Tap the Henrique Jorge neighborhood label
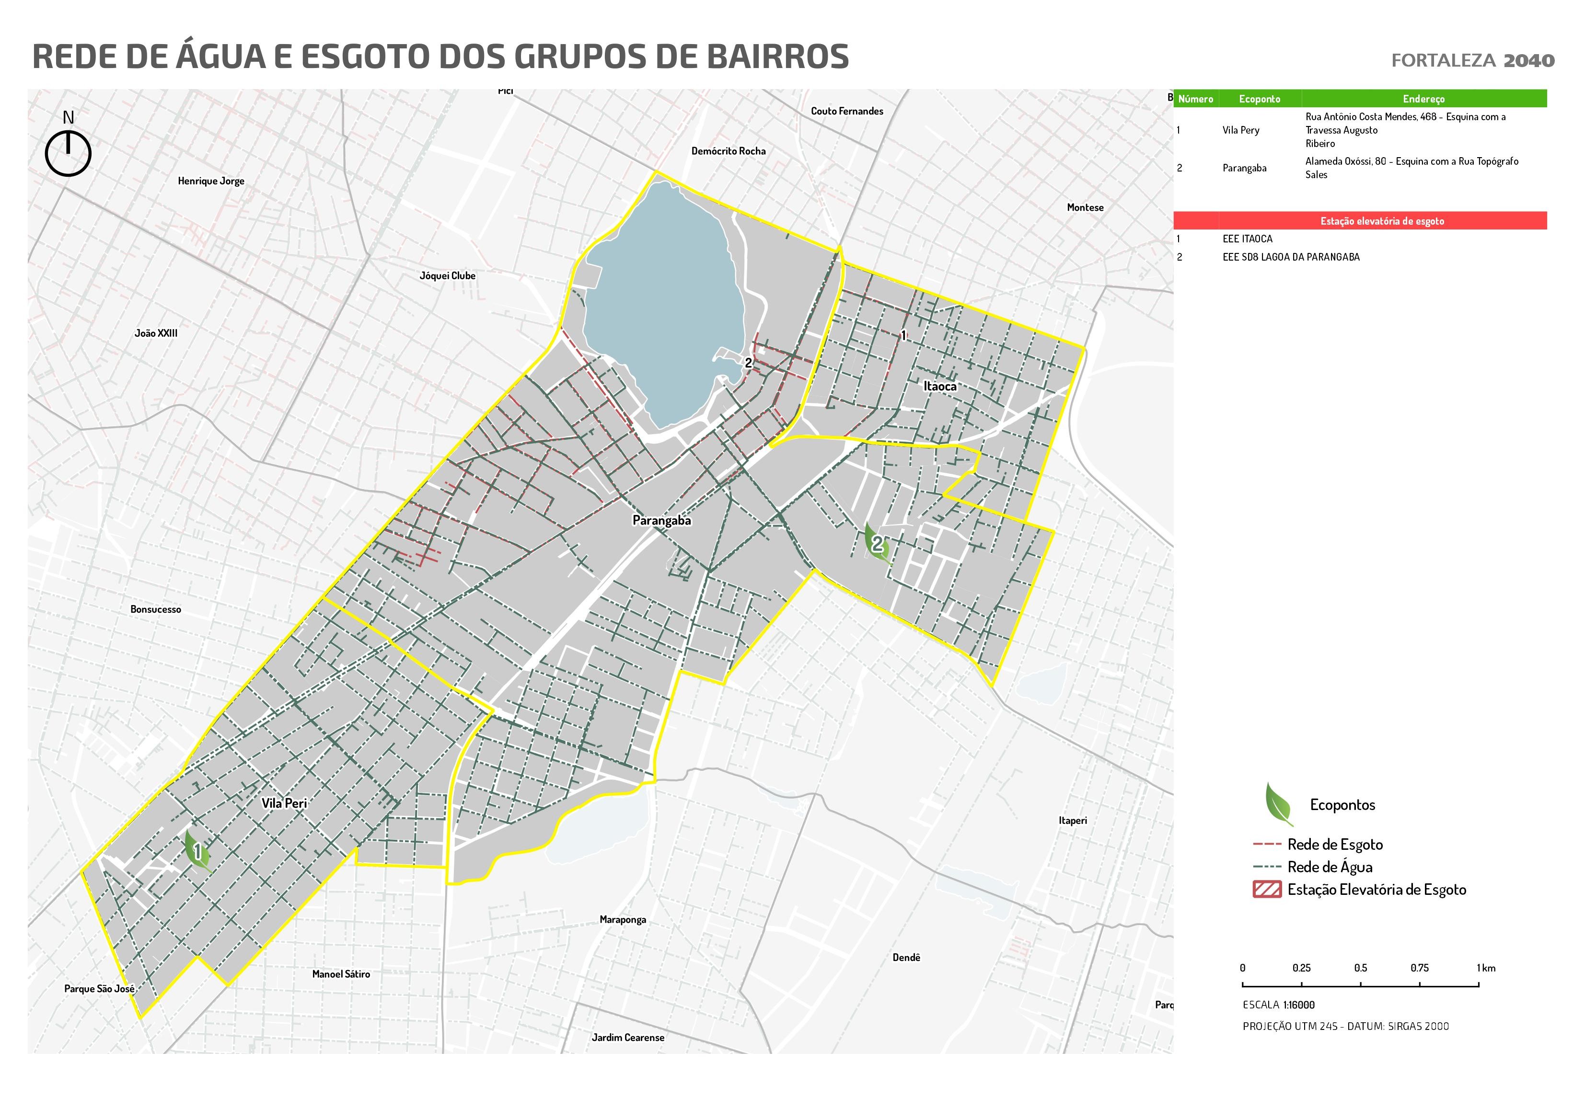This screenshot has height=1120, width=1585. click(211, 182)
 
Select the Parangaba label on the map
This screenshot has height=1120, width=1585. click(661, 521)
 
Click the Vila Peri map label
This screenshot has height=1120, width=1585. click(284, 803)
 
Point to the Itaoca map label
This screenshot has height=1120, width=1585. click(940, 387)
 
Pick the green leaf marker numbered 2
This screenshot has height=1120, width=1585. click(876, 543)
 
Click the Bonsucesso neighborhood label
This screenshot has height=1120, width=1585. click(156, 609)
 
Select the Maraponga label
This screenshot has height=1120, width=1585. click(623, 920)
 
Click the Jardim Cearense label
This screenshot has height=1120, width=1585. click(627, 1038)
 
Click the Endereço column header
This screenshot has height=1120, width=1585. click(1423, 99)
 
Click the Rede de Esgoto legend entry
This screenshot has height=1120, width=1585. click(1334, 844)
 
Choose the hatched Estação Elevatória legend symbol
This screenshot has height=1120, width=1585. click(1267, 890)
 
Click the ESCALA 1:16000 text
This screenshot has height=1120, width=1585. click(1278, 1006)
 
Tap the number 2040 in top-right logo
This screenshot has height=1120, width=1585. click(1529, 61)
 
